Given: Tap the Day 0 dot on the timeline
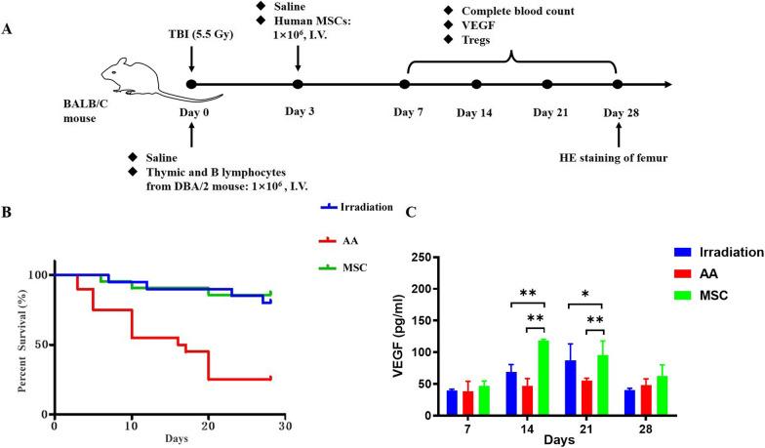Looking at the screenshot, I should coord(191,85).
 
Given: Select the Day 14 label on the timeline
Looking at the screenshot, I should coord(475,112).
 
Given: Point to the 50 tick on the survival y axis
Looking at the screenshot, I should coord(39,345).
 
